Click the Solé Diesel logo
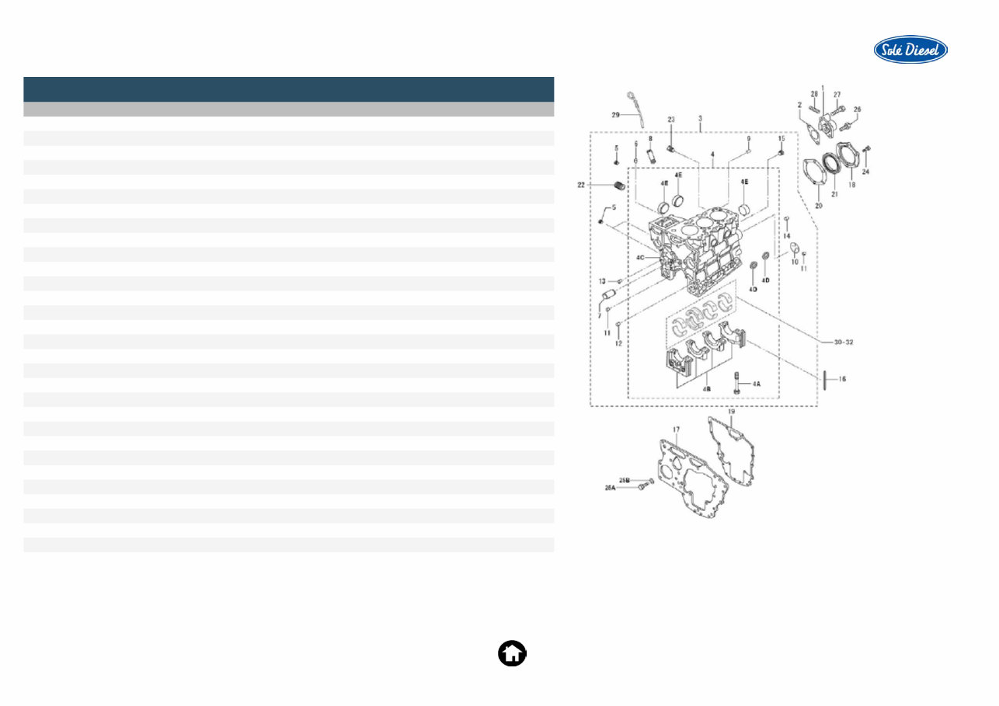(910, 50)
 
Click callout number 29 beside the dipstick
(614, 115)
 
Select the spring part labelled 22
(619, 186)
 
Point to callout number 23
(671, 120)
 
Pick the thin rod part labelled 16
(826, 380)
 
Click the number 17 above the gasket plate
(676, 429)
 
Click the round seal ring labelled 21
(834, 165)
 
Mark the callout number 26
(858, 110)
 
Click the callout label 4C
(641, 256)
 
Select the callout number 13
(602, 280)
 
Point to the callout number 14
(787, 235)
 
